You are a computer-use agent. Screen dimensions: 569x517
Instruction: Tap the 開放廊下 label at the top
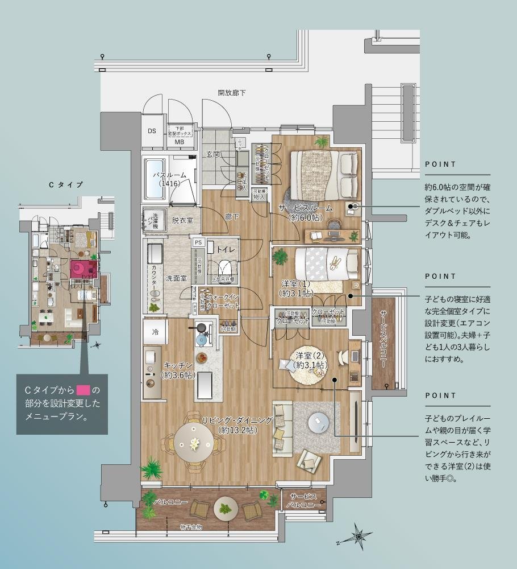pos(232,93)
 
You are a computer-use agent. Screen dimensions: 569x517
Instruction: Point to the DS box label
pos(152,131)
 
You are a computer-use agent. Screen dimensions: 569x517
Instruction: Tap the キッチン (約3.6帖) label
pos(178,370)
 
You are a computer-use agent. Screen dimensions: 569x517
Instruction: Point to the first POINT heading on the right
pos(440,164)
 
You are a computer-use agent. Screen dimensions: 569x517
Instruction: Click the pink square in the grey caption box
pos(83,390)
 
